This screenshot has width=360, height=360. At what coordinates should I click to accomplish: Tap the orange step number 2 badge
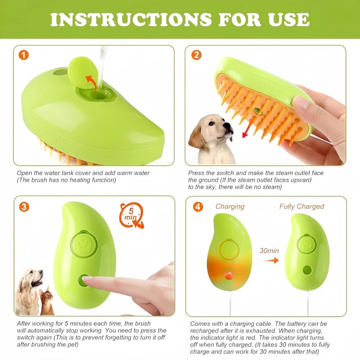[x=196, y=55]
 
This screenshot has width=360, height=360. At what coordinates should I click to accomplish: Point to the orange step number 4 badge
[x=196, y=207]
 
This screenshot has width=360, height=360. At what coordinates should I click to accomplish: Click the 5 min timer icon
[x=131, y=215]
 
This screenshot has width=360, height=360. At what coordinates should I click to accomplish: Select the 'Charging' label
[x=229, y=207]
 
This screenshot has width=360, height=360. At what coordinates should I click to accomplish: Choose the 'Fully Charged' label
[x=301, y=207]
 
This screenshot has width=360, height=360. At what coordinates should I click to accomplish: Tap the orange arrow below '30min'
[x=270, y=260]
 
